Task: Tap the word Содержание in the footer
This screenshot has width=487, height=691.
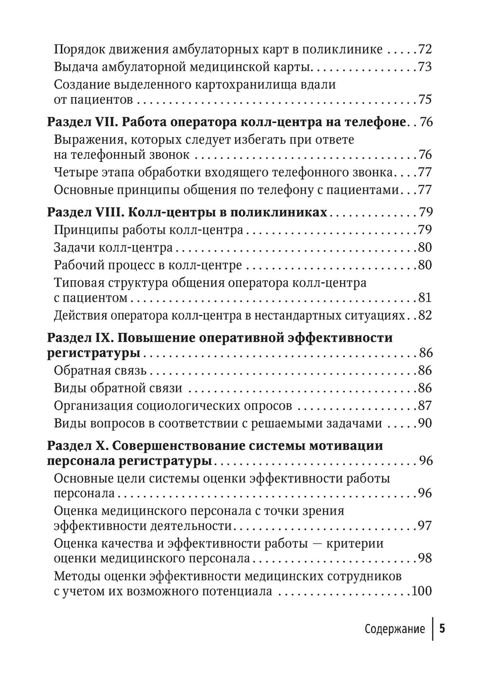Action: (394, 629)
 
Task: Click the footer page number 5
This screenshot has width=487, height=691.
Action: (442, 628)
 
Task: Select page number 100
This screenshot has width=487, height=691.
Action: (422, 592)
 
